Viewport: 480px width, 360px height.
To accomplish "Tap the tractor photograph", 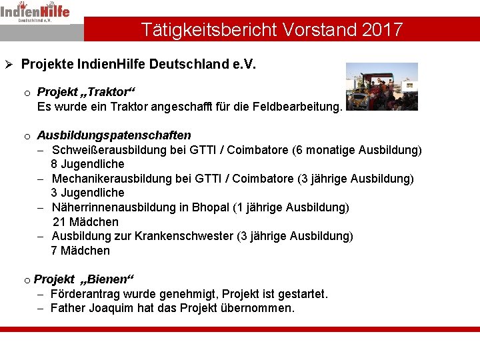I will point(381,86).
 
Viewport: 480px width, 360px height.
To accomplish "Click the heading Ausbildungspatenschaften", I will point(114,135).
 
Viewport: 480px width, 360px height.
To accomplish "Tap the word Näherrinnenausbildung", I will point(114,207).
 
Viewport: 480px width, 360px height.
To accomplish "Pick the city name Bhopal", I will point(210,207).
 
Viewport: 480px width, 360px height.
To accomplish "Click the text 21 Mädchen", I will point(85,222).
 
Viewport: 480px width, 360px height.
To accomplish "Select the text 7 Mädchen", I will point(81,251).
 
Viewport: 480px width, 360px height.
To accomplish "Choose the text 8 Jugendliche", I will point(88,164).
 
